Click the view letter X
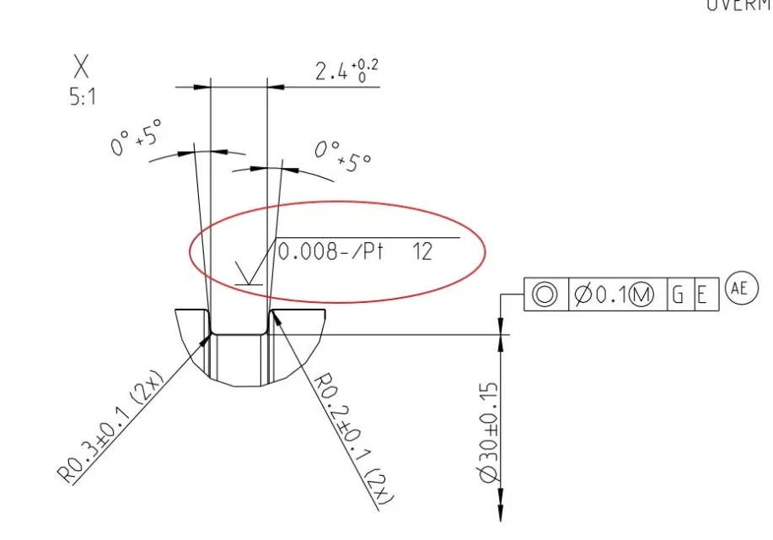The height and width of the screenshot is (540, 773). point(81,67)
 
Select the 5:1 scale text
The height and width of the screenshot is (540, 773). point(83,98)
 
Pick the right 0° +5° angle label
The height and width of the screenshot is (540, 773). point(343,156)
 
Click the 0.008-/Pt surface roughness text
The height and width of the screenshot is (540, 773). point(330,251)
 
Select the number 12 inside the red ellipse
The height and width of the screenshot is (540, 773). point(422,251)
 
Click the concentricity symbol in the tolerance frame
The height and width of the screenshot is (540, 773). point(545,294)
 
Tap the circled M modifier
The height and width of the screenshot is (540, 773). point(641,294)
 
